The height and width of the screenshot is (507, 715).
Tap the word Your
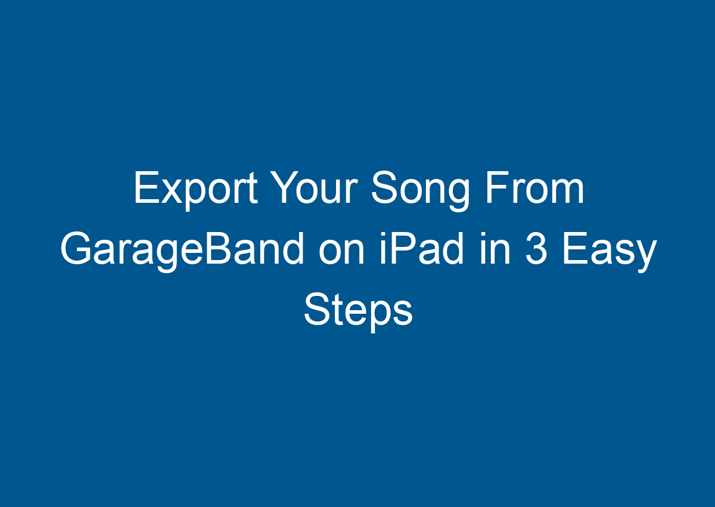(313, 189)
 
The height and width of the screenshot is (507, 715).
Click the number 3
(539, 250)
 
